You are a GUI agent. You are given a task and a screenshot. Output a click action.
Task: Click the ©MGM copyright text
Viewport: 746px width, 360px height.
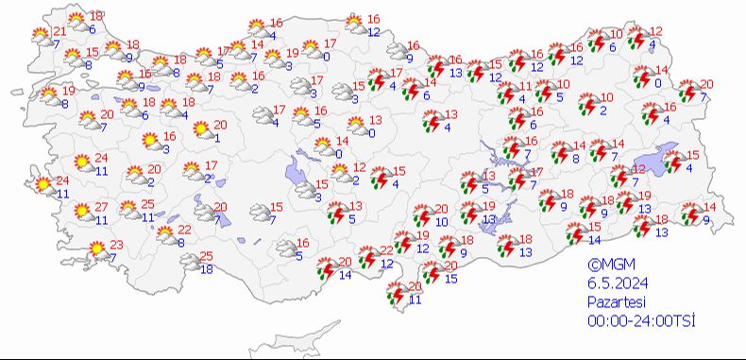(607, 266)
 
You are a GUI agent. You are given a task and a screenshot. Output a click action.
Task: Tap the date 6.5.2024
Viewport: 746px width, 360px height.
(612, 283)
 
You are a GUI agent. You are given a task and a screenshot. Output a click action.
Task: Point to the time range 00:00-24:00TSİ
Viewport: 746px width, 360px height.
(640, 320)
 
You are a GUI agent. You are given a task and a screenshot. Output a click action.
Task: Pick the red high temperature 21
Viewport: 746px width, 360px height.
(59, 32)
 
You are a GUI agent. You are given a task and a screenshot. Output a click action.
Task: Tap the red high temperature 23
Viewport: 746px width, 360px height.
(117, 244)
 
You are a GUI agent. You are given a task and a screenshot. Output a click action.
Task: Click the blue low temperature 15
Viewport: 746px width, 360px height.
(451, 278)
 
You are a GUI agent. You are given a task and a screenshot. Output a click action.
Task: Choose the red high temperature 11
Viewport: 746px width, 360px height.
(526, 87)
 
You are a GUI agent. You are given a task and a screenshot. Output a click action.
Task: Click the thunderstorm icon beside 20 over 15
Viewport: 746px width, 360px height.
(432, 273)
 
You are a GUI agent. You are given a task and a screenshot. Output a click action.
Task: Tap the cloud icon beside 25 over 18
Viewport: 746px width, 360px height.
(190, 262)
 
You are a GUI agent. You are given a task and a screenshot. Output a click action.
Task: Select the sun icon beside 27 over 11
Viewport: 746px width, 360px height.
(83, 213)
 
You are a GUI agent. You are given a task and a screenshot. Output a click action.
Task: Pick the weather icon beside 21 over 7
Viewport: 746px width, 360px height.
(41, 37)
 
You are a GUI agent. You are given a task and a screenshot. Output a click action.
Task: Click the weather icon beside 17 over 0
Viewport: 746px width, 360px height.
(310, 50)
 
